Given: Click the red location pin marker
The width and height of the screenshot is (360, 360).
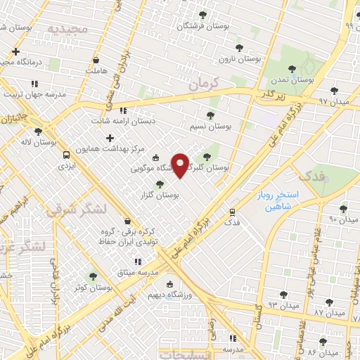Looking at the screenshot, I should click(x=181, y=165).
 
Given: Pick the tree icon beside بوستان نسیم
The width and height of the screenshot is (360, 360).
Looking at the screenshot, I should click(x=210, y=115).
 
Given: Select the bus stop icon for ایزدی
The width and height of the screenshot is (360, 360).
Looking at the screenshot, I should click(x=66, y=155).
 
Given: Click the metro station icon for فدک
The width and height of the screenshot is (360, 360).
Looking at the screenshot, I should click(x=232, y=211).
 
